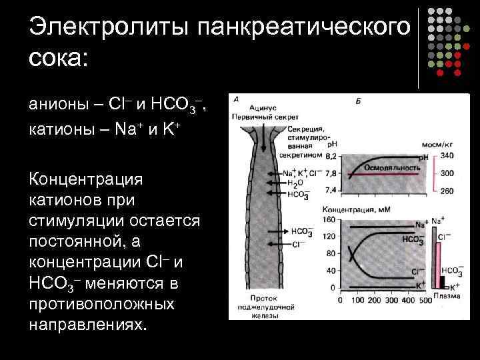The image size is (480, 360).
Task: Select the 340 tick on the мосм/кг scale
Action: pyautogui.click(x=447, y=155)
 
